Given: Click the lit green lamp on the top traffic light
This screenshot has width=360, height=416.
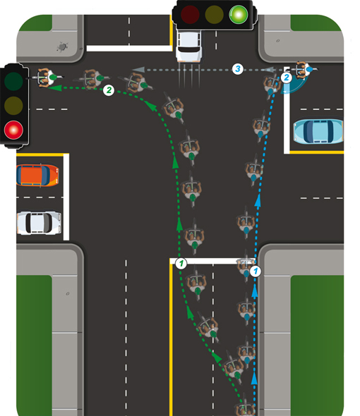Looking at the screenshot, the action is pyautogui.click(x=239, y=14).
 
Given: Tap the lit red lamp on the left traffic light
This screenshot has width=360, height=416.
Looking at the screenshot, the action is pyautogui.click(x=13, y=130).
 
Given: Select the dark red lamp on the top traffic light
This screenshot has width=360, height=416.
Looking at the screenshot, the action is pyautogui.click(x=190, y=14).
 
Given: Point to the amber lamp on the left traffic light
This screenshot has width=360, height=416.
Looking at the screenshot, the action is pyautogui.click(x=13, y=105).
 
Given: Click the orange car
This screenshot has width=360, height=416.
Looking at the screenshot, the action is pyautogui.click(x=37, y=176).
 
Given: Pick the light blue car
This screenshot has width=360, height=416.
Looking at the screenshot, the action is pyautogui.click(x=318, y=132).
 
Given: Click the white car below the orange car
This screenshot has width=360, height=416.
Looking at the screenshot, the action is pyautogui.click(x=39, y=223).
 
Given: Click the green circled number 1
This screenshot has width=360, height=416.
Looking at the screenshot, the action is pyautogui.click(x=181, y=264).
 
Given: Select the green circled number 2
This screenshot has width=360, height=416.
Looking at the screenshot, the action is pyautogui.click(x=109, y=90).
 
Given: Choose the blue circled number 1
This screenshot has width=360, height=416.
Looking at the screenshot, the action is pyautogui.click(x=256, y=271).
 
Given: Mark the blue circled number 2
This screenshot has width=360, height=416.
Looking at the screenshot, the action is pyautogui.click(x=287, y=78).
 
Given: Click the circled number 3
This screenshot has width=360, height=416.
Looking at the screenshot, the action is pyautogui.click(x=237, y=69).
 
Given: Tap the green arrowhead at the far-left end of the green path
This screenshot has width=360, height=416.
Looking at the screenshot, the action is pyautogui.click(x=55, y=87).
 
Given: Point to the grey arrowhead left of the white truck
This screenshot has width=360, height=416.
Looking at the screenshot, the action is pyautogui.click(x=138, y=70).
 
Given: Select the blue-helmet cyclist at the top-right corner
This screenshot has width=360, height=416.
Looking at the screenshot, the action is pyautogui.click(x=304, y=70).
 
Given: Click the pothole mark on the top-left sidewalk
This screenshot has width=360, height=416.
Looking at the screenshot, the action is pyautogui.click(x=63, y=47).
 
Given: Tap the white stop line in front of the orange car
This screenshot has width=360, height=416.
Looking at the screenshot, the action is pyautogui.click(x=66, y=197).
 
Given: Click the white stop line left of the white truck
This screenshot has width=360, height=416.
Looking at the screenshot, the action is pyautogui.click(x=129, y=48).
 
